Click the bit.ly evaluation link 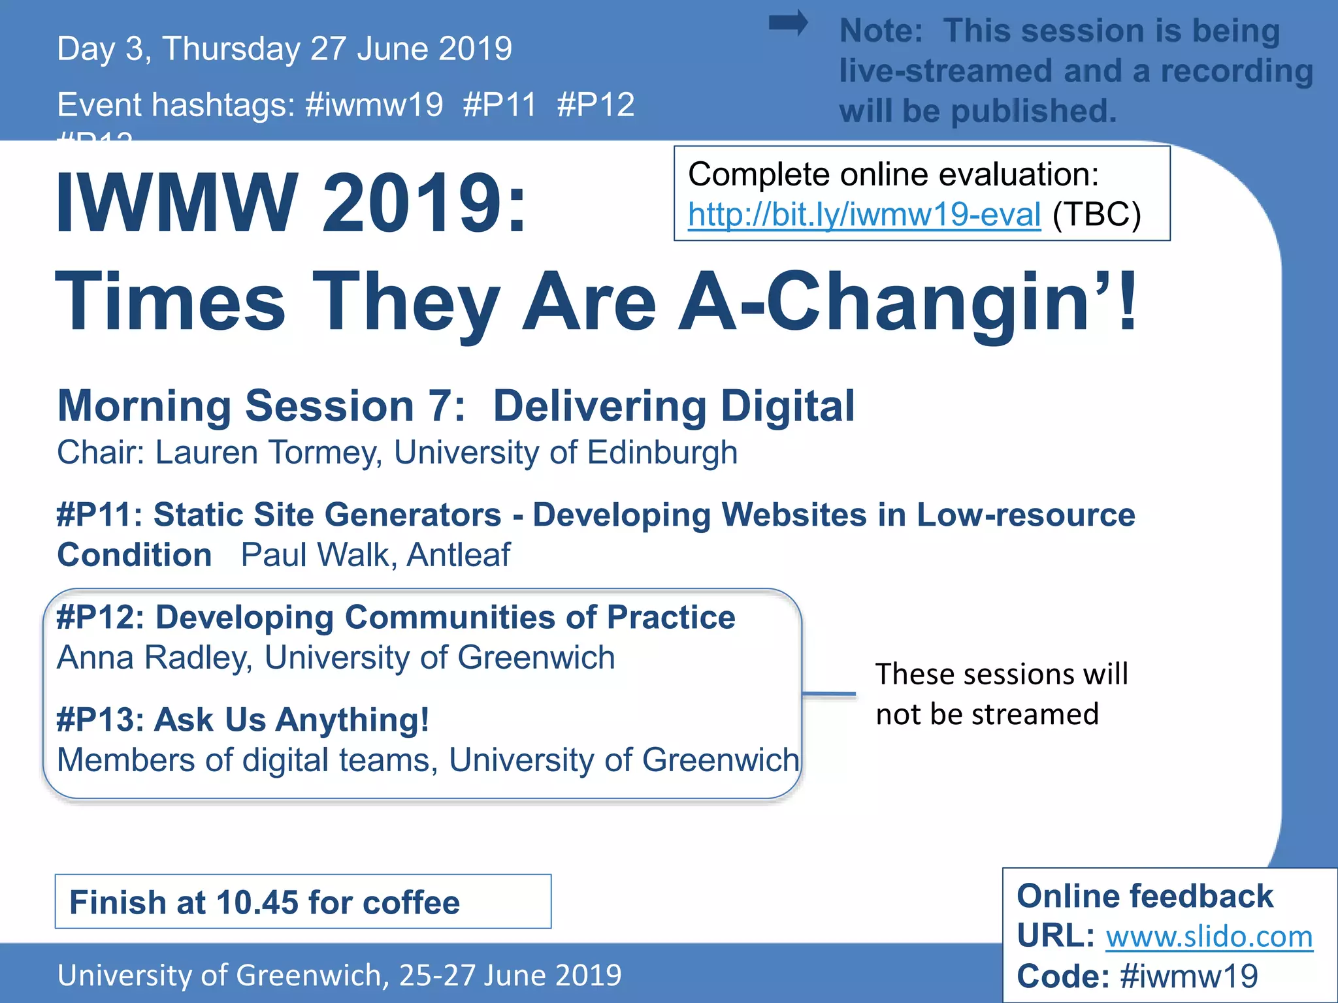[x=864, y=215]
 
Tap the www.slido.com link [x=1209, y=937]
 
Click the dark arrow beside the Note [x=788, y=24]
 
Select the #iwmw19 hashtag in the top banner [x=374, y=105]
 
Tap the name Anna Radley [x=154, y=658]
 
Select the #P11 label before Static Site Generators [x=99, y=515]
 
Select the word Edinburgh [x=662, y=453]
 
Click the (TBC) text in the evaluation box [x=1096, y=215]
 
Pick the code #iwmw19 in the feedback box [x=1188, y=976]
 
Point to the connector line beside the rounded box [x=828, y=693]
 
